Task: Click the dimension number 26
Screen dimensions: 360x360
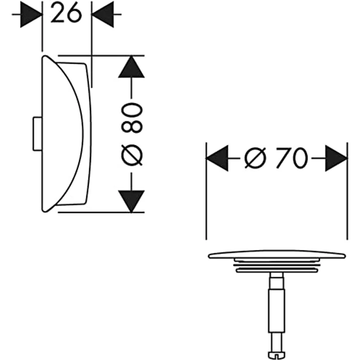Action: click(66, 13)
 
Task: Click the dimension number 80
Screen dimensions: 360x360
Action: click(132, 118)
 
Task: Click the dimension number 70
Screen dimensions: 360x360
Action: click(292, 158)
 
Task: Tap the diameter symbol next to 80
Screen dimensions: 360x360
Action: click(132, 155)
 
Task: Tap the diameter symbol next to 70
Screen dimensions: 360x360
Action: click(255, 158)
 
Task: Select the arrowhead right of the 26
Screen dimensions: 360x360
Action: click(102, 14)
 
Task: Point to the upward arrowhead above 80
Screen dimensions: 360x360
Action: click(131, 67)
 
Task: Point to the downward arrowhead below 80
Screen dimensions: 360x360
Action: click(131, 202)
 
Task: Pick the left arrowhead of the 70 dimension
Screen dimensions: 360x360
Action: click(217, 158)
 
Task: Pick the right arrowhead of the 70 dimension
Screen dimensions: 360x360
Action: click(337, 158)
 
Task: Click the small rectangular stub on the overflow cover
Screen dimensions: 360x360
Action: click(38, 134)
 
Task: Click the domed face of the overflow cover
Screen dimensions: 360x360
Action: click(62, 134)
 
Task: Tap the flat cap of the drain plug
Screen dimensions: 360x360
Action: click(277, 254)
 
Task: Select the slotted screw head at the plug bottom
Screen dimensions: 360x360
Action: click(277, 355)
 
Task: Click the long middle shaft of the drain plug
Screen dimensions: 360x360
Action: click(277, 311)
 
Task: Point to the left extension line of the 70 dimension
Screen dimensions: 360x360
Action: click(206, 191)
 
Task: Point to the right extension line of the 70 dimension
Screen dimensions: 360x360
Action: click(347, 191)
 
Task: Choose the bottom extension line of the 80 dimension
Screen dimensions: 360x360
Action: click(101, 212)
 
